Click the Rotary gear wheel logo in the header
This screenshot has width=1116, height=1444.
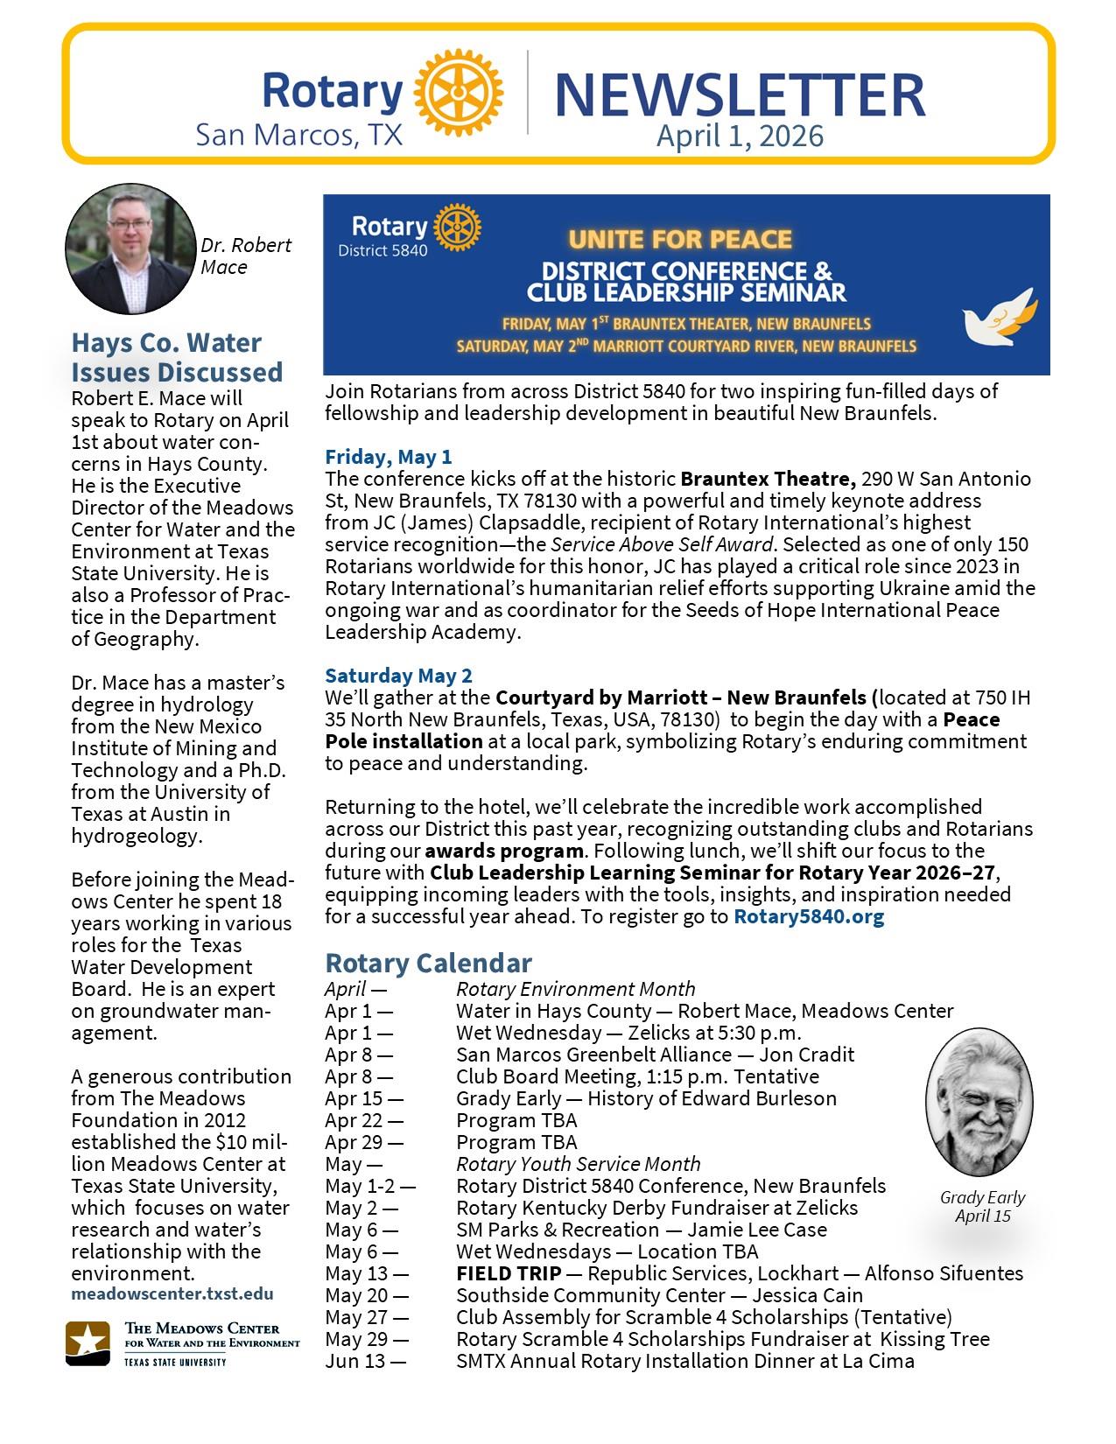(x=458, y=92)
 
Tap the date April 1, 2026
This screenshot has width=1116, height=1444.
(x=740, y=137)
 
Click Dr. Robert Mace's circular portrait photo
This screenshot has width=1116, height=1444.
(x=130, y=249)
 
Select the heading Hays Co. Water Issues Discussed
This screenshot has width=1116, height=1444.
(x=177, y=357)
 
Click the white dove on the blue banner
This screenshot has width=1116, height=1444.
(x=999, y=320)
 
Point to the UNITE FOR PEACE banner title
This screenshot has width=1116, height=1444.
(x=679, y=239)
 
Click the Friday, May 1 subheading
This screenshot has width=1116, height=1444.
(x=389, y=457)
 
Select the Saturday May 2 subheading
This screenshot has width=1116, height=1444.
(x=398, y=676)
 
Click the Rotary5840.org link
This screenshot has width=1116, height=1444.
(x=809, y=916)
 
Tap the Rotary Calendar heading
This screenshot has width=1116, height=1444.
(x=428, y=964)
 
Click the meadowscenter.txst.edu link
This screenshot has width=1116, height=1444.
(x=172, y=1293)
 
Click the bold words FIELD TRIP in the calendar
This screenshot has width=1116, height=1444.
(x=509, y=1273)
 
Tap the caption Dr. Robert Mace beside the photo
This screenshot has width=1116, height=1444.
(x=246, y=256)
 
